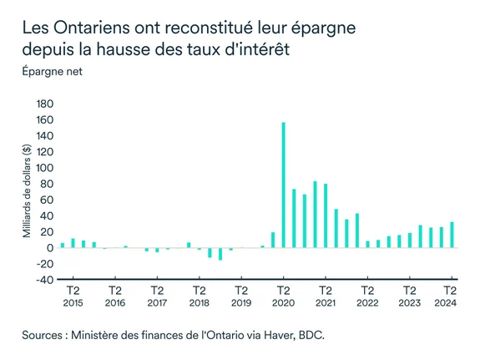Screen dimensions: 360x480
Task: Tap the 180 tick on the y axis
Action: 44,104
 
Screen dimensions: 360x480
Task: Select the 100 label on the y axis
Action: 44,168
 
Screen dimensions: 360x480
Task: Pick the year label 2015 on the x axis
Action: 73,303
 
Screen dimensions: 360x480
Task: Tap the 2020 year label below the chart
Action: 284,303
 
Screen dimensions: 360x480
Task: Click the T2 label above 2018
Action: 199,291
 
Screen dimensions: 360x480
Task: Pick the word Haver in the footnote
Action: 284,336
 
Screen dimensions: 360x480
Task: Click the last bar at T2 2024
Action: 452,235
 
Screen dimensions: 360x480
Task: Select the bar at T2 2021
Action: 326,215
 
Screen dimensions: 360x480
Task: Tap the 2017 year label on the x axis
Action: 157,303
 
